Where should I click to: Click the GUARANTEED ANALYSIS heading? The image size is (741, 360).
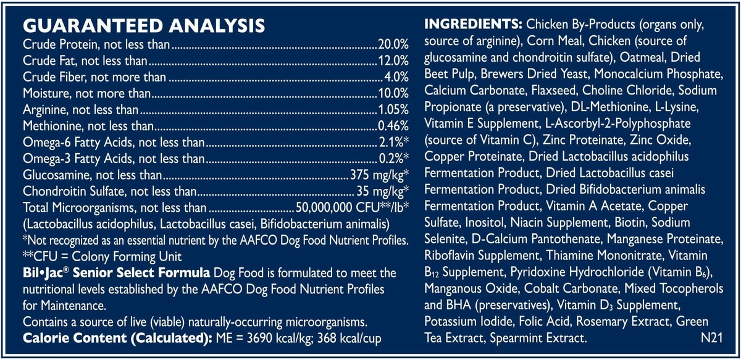pos(144,26)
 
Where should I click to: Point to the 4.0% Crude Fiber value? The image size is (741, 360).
pos(396,77)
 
